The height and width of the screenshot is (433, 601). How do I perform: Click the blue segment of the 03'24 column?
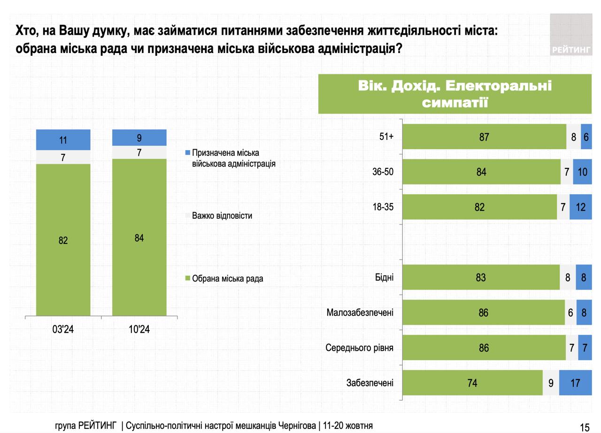click(63, 140)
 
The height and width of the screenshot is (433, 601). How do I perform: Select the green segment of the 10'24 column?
click(139, 237)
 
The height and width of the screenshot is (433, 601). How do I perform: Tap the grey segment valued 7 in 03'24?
click(63, 158)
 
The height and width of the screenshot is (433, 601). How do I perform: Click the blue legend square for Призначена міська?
click(188, 153)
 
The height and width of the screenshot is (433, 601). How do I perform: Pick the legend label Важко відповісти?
click(222, 216)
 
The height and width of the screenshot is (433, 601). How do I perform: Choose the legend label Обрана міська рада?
click(227, 279)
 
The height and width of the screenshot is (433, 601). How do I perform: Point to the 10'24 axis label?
click(139, 329)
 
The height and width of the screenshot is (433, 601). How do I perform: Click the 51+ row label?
click(386, 137)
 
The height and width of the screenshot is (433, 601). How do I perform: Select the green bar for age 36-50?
click(481, 172)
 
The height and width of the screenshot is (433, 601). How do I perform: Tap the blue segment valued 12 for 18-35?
click(581, 207)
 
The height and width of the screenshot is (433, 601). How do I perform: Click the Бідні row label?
click(384, 277)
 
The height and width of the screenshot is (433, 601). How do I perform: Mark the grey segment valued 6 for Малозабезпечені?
click(570, 312)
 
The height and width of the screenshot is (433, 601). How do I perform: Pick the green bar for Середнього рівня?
click(484, 348)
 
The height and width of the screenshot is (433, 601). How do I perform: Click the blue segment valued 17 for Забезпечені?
click(575, 383)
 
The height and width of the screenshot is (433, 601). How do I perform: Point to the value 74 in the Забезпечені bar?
click(472, 383)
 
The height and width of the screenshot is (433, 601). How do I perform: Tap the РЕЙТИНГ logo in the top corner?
click(571, 35)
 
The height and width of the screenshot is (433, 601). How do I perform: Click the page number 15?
click(585, 427)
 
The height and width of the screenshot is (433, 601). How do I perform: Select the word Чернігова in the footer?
click(297, 425)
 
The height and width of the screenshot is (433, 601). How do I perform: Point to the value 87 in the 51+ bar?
click(484, 137)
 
